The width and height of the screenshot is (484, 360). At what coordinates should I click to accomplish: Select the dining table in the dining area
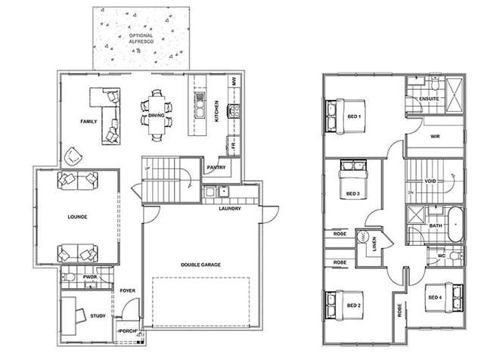[156, 115]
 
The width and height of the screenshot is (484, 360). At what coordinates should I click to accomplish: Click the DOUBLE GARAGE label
[200, 264]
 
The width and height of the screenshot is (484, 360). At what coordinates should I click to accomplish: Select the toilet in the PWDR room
[70, 279]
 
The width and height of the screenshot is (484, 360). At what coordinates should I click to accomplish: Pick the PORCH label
[126, 330]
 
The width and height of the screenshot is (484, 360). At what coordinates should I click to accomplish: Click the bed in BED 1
[337, 116]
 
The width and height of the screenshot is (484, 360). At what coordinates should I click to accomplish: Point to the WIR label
[435, 137]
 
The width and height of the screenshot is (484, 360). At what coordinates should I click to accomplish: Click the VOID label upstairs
[430, 182]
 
